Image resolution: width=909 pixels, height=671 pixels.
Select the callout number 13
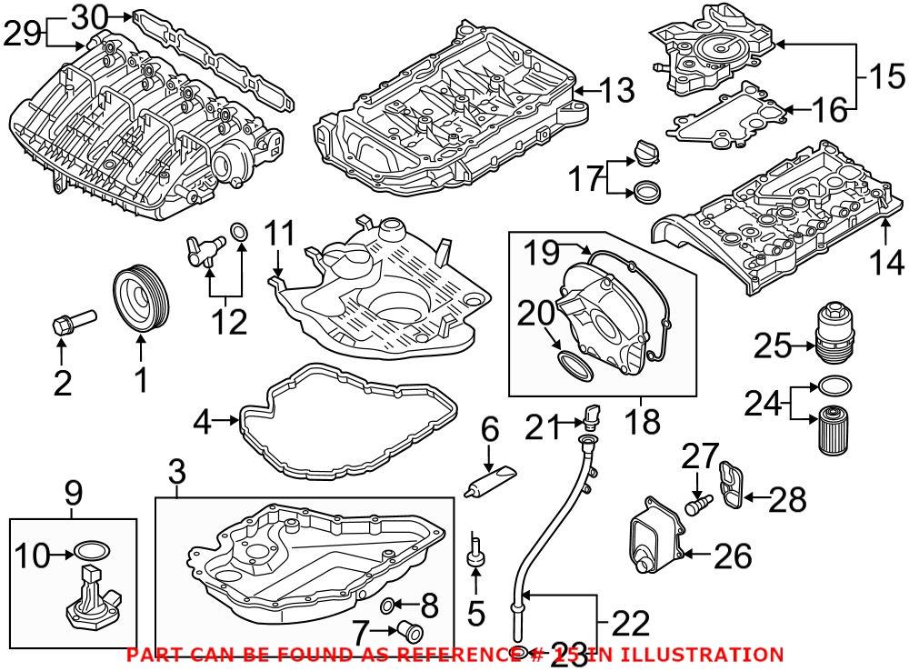coord(616,90)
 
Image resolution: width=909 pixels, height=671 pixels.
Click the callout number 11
coord(281,234)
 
